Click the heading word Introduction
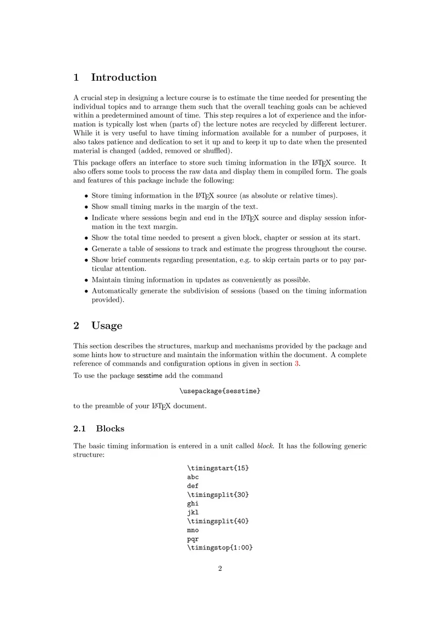pyautogui.click(x=124, y=77)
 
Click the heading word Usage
pyautogui.click(x=107, y=325)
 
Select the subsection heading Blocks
pyautogui.click(x=110, y=429)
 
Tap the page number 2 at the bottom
pyautogui.click(x=220, y=569)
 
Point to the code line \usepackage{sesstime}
pyautogui.click(x=220, y=391)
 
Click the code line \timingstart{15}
pyautogui.click(x=218, y=468)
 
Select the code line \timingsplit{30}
pyautogui.click(x=218, y=495)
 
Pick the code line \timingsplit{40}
pyautogui.click(x=218, y=521)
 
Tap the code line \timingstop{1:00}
pyautogui.click(x=220, y=547)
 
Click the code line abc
pyautogui.click(x=193, y=477)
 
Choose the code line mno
pyautogui.click(x=193, y=530)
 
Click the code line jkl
pyautogui.click(x=193, y=512)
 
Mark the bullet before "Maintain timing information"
pyautogui.click(x=86, y=280)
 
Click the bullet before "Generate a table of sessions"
pyautogui.click(x=86, y=249)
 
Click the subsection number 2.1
pyautogui.click(x=80, y=429)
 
